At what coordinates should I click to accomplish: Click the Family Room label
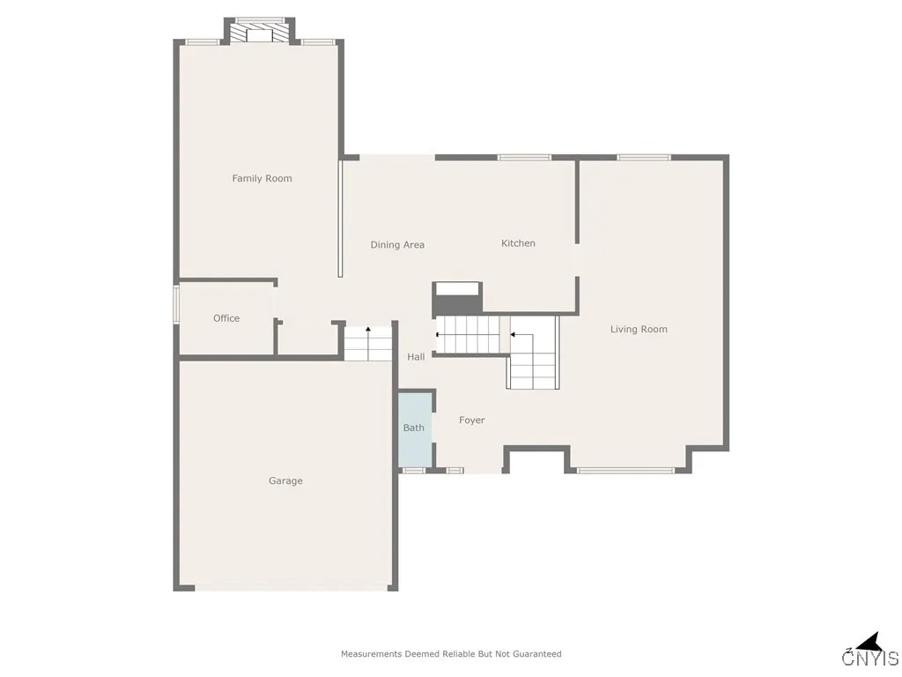coord(262,178)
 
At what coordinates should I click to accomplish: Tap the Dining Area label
coord(397,245)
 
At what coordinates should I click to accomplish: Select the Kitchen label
coord(518,243)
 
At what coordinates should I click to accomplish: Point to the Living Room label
coord(639,330)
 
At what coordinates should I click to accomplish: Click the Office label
coord(226,318)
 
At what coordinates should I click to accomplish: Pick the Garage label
coord(285,481)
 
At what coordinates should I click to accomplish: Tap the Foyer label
coord(472,420)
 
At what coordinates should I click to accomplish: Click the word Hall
coord(416,357)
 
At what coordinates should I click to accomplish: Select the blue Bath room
coord(415,428)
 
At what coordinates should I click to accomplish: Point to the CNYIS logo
coord(870,652)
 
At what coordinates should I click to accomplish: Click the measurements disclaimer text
coord(451,654)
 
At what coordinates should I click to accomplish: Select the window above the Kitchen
coord(524,158)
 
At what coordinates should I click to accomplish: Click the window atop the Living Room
coord(643,158)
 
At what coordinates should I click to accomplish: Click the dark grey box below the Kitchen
coord(456,298)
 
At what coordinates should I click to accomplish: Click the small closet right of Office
coord(306,338)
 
